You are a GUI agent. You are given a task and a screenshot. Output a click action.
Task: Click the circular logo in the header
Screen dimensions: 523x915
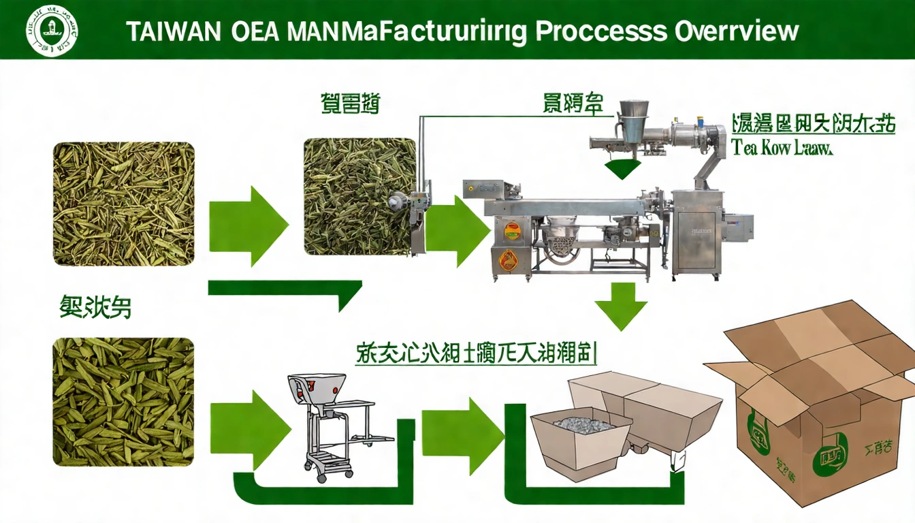51,30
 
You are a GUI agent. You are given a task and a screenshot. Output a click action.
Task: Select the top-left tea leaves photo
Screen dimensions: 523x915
123,204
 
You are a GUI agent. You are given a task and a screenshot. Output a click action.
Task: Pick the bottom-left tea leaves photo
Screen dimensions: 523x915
123,401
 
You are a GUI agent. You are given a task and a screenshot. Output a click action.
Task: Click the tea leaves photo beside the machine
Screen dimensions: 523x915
359,196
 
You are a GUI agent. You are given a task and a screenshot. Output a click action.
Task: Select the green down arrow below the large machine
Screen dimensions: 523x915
621,305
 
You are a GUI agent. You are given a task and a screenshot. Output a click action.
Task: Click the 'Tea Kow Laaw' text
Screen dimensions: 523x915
782,148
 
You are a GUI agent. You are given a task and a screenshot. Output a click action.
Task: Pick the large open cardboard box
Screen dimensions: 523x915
817,402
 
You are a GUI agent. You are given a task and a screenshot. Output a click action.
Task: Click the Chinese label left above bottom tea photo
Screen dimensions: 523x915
96,308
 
